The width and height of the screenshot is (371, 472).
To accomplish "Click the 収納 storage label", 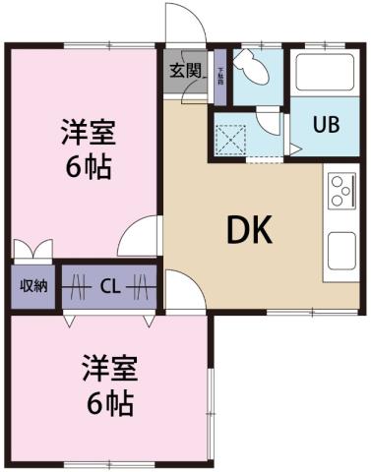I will pos(33,286).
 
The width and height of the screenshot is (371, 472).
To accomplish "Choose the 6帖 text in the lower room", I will pos(108,402).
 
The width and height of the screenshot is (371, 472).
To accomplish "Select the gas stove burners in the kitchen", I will pos(342,188).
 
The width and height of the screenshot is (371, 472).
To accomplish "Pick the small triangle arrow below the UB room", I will pos(294,148).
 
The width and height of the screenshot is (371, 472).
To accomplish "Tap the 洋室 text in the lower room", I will pos(108,370).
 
